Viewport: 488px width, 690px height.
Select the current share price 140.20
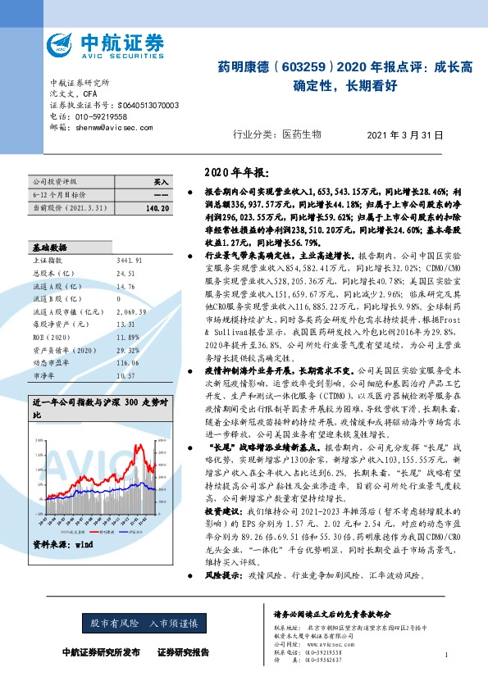coord(156,209)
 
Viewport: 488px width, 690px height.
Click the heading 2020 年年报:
coord(235,173)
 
